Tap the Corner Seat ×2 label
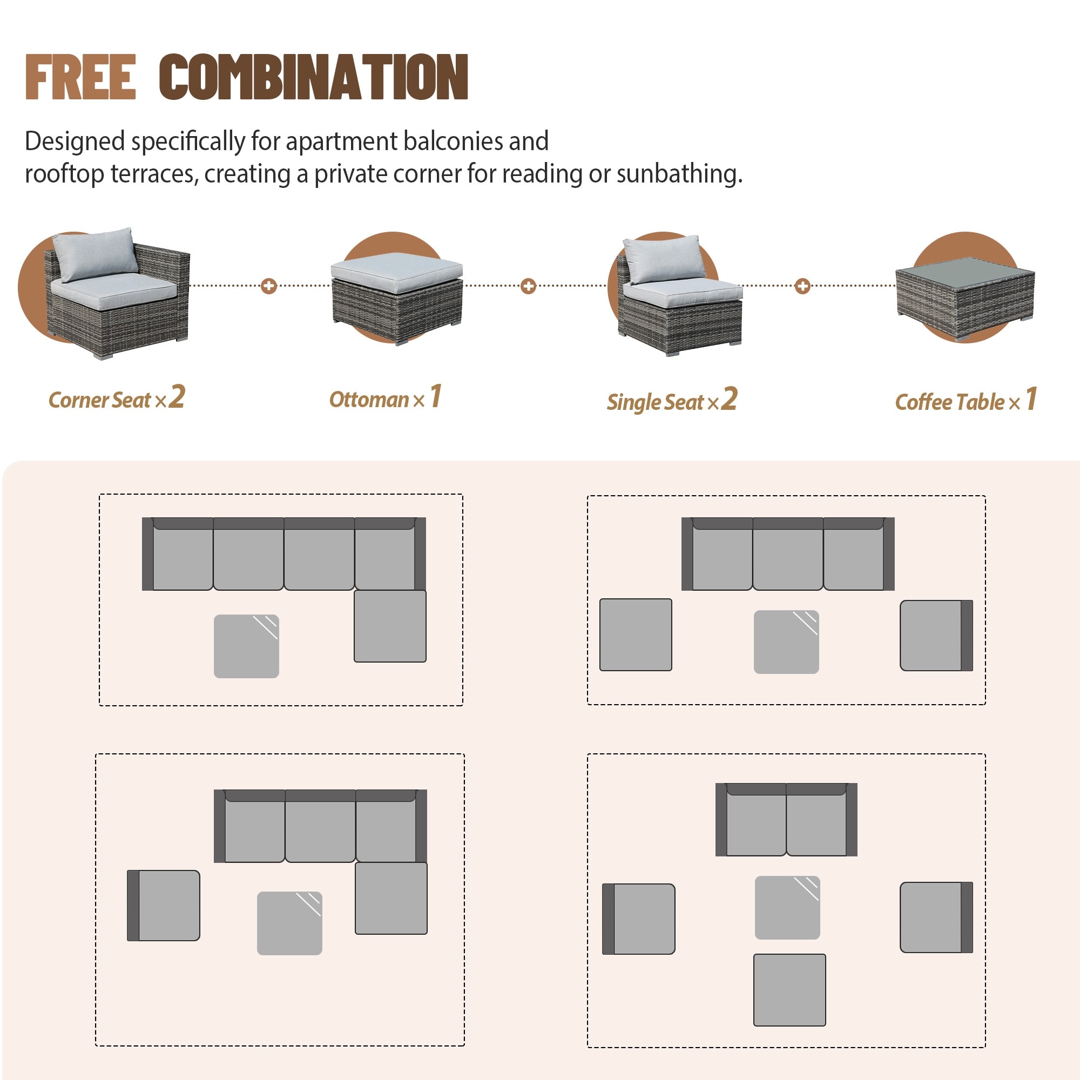(116, 398)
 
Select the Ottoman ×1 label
(385, 397)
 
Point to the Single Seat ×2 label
(672, 400)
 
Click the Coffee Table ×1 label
(966, 400)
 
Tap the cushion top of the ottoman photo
(397, 272)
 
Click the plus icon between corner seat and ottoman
(269, 286)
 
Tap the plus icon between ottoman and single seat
(528, 286)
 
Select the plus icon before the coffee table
(803, 286)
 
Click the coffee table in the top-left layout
(247, 646)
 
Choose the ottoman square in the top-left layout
(390, 626)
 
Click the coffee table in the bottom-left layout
(289, 923)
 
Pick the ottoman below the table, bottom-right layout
(789, 990)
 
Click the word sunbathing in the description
(680, 174)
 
